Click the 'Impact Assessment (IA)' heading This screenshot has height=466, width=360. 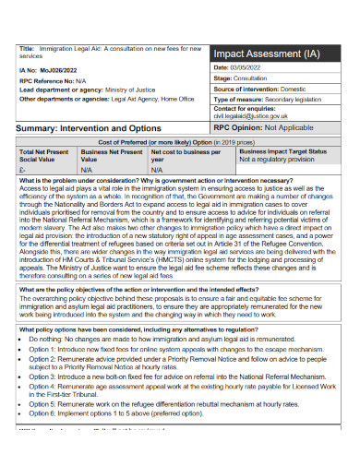(x=267, y=54)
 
